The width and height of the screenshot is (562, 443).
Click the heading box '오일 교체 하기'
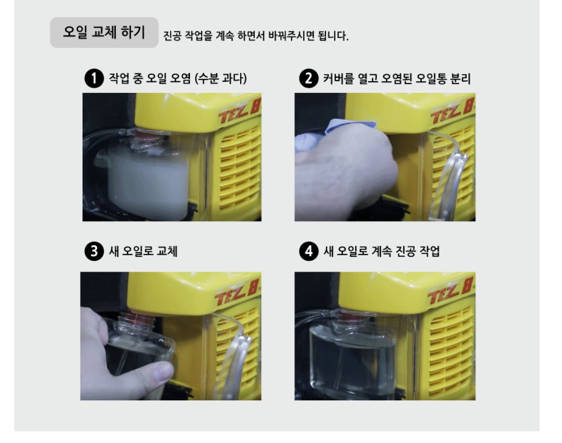[104, 32]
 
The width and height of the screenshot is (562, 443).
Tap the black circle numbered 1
[94, 78]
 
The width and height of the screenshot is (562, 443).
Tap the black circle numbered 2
[309, 78]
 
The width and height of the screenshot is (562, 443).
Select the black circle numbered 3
[94, 251]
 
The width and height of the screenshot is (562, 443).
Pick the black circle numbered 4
[309, 251]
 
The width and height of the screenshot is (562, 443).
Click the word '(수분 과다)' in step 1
[220, 78]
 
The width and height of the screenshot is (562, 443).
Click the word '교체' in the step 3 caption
[167, 251]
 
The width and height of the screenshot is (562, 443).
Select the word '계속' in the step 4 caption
[382, 251]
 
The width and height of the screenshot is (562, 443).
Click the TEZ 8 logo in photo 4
[451, 290]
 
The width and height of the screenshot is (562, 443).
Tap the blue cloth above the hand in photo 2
[335, 131]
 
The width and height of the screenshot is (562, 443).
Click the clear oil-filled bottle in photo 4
[352, 353]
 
